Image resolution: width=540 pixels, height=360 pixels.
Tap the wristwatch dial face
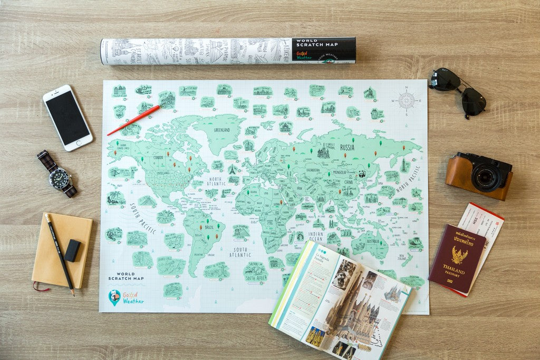[59, 179]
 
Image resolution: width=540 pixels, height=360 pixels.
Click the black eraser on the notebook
[73, 250]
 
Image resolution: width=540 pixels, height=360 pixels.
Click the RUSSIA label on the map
[347, 147]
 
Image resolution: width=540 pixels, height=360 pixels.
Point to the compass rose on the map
[406, 100]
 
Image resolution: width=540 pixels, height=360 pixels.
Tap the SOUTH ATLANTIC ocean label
[241, 252]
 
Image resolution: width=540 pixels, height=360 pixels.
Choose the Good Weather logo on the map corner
[126, 298]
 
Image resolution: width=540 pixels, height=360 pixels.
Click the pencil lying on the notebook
[59, 253]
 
